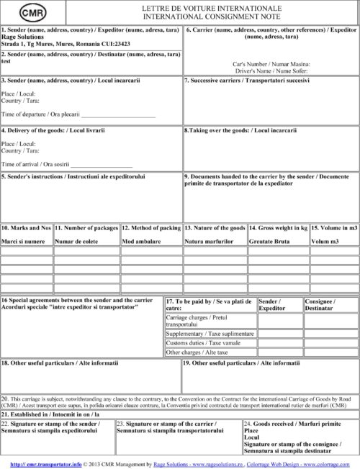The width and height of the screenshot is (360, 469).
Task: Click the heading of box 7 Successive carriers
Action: tap(246, 81)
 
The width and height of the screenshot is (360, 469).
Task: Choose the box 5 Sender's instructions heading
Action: tap(73, 176)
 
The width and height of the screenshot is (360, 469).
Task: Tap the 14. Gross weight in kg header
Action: tap(278, 228)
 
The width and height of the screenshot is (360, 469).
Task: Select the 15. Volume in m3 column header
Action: tap(334, 228)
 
